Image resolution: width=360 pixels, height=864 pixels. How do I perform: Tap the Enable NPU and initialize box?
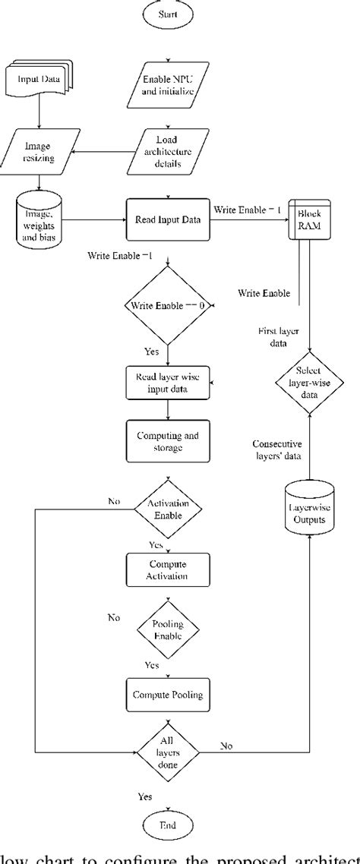pyautogui.click(x=167, y=84)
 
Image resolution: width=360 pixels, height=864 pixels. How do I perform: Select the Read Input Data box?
pyautogui.click(x=167, y=219)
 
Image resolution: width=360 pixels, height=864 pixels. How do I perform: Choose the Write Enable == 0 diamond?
pyautogui.click(x=167, y=305)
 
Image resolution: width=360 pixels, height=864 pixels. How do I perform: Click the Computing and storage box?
pyautogui.click(x=167, y=441)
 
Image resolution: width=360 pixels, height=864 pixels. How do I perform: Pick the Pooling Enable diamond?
pyautogui.click(x=167, y=629)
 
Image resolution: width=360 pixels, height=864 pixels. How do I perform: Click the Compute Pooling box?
pyautogui.click(x=167, y=693)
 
